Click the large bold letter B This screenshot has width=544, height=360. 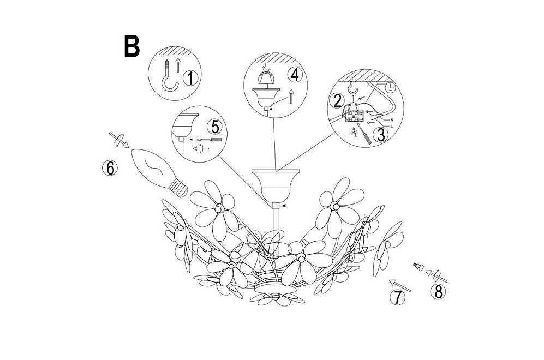pyautogui.click(x=132, y=46)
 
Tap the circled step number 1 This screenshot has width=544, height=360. pyautogui.click(x=190, y=78)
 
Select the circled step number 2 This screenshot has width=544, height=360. pyautogui.click(x=337, y=101)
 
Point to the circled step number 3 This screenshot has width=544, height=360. pyautogui.click(x=381, y=135)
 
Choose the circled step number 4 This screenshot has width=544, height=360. pyautogui.click(x=295, y=75)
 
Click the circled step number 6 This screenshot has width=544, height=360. pyautogui.click(x=110, y=168)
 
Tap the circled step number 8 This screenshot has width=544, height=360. pyautogui.click(x=439, y=292)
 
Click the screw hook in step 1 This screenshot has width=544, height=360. pyautogui.click(x=169, y=78)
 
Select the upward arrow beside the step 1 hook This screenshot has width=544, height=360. pyautogui.click(x=178, y=65)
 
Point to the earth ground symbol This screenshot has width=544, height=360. pyautogui.click(x=390, y=87)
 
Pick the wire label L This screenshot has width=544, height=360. pyautogui.click(x=391, y=127)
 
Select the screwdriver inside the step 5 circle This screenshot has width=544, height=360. pyautogui.click(x=209, y=140)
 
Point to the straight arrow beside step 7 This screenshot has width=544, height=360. pyautogui.click(x=399, y=285)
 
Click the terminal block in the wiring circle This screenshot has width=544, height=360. pyautogui.click(x=353, y=116)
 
